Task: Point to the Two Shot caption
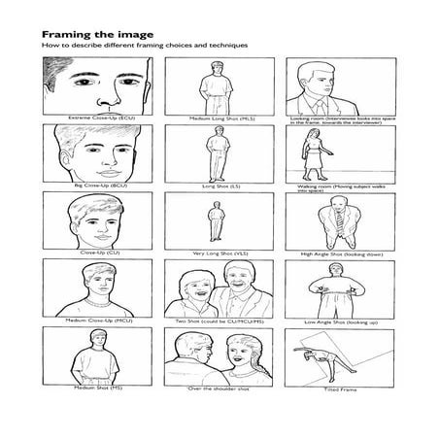click(216, 319)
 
